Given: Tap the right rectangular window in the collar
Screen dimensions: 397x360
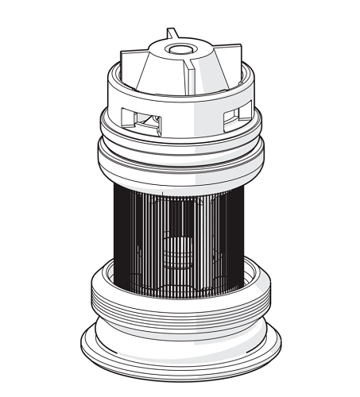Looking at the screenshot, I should (x=233, y=117).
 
